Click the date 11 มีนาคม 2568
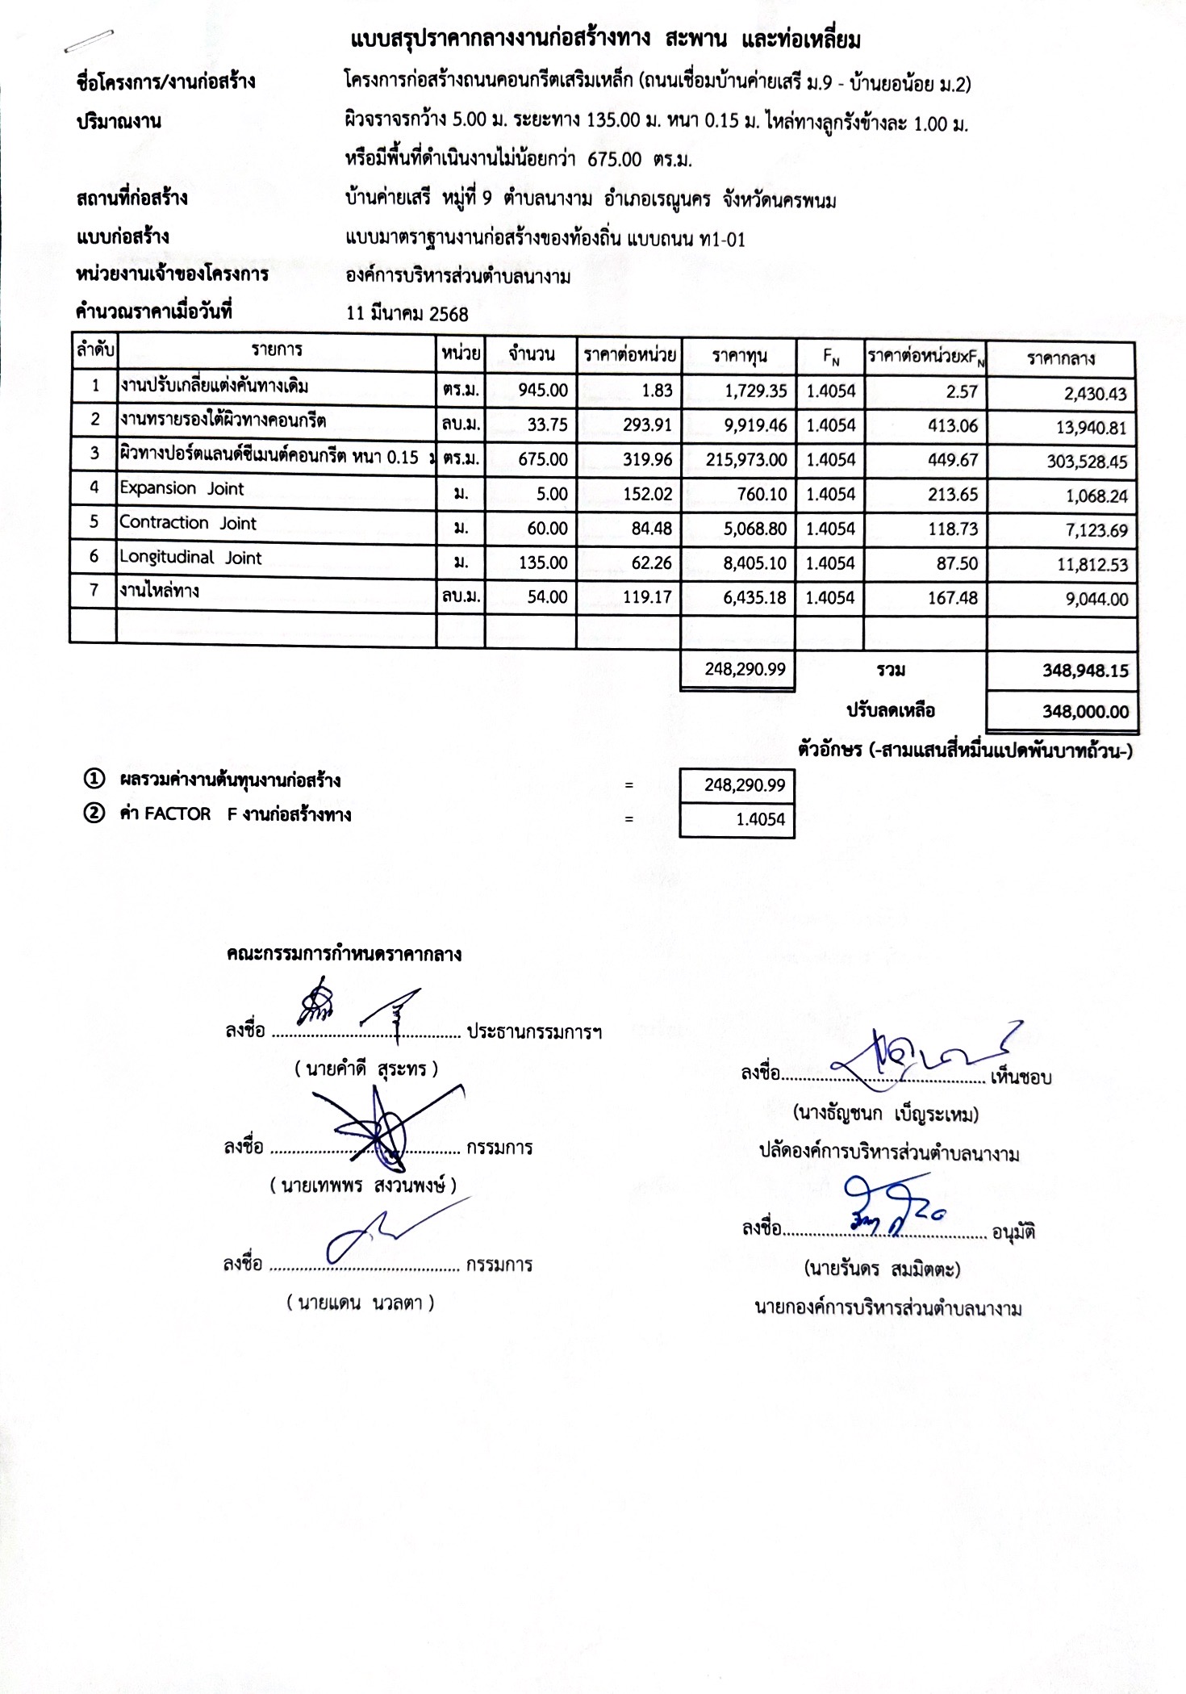(407, 314)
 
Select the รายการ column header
(277, 350)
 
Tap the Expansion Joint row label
(182, 489)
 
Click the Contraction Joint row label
(188, 523)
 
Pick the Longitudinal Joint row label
(190, 558)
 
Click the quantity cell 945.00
(543, 391)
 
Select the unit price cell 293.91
(647, 425)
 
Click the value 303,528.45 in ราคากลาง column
(1087, 462)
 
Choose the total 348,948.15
(1085, 671)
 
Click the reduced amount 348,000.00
(1085, 712)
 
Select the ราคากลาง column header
(1061, 359)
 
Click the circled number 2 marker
(94, 814)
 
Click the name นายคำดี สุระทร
(366, 1069)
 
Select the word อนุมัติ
(1013, 1232)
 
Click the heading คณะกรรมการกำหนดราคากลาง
(344, 955)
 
